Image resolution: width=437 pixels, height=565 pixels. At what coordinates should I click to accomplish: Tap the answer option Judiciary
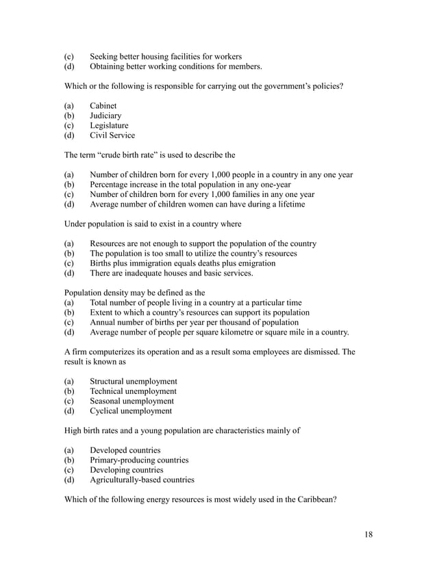click(106, 116)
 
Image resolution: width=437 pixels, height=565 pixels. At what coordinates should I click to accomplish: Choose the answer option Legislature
click(109, 126)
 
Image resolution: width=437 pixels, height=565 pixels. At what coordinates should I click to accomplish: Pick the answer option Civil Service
click(112, 135)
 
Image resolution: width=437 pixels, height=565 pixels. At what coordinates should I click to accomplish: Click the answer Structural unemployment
click(134, 381)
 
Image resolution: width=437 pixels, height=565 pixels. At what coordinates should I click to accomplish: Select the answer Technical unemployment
click(133, 391)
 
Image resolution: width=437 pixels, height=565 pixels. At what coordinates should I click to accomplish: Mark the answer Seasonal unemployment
click(132, 401)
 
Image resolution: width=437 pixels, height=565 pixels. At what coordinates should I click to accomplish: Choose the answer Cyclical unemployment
click(131, 411)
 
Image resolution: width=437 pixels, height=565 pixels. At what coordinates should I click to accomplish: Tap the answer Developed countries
click(125, 450)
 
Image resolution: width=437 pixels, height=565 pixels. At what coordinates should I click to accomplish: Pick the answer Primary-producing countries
click(139, 460)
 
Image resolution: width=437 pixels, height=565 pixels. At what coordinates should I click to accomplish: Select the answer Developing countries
click(127, 470)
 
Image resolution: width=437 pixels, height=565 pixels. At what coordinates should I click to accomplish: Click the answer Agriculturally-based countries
click(142, 480)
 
